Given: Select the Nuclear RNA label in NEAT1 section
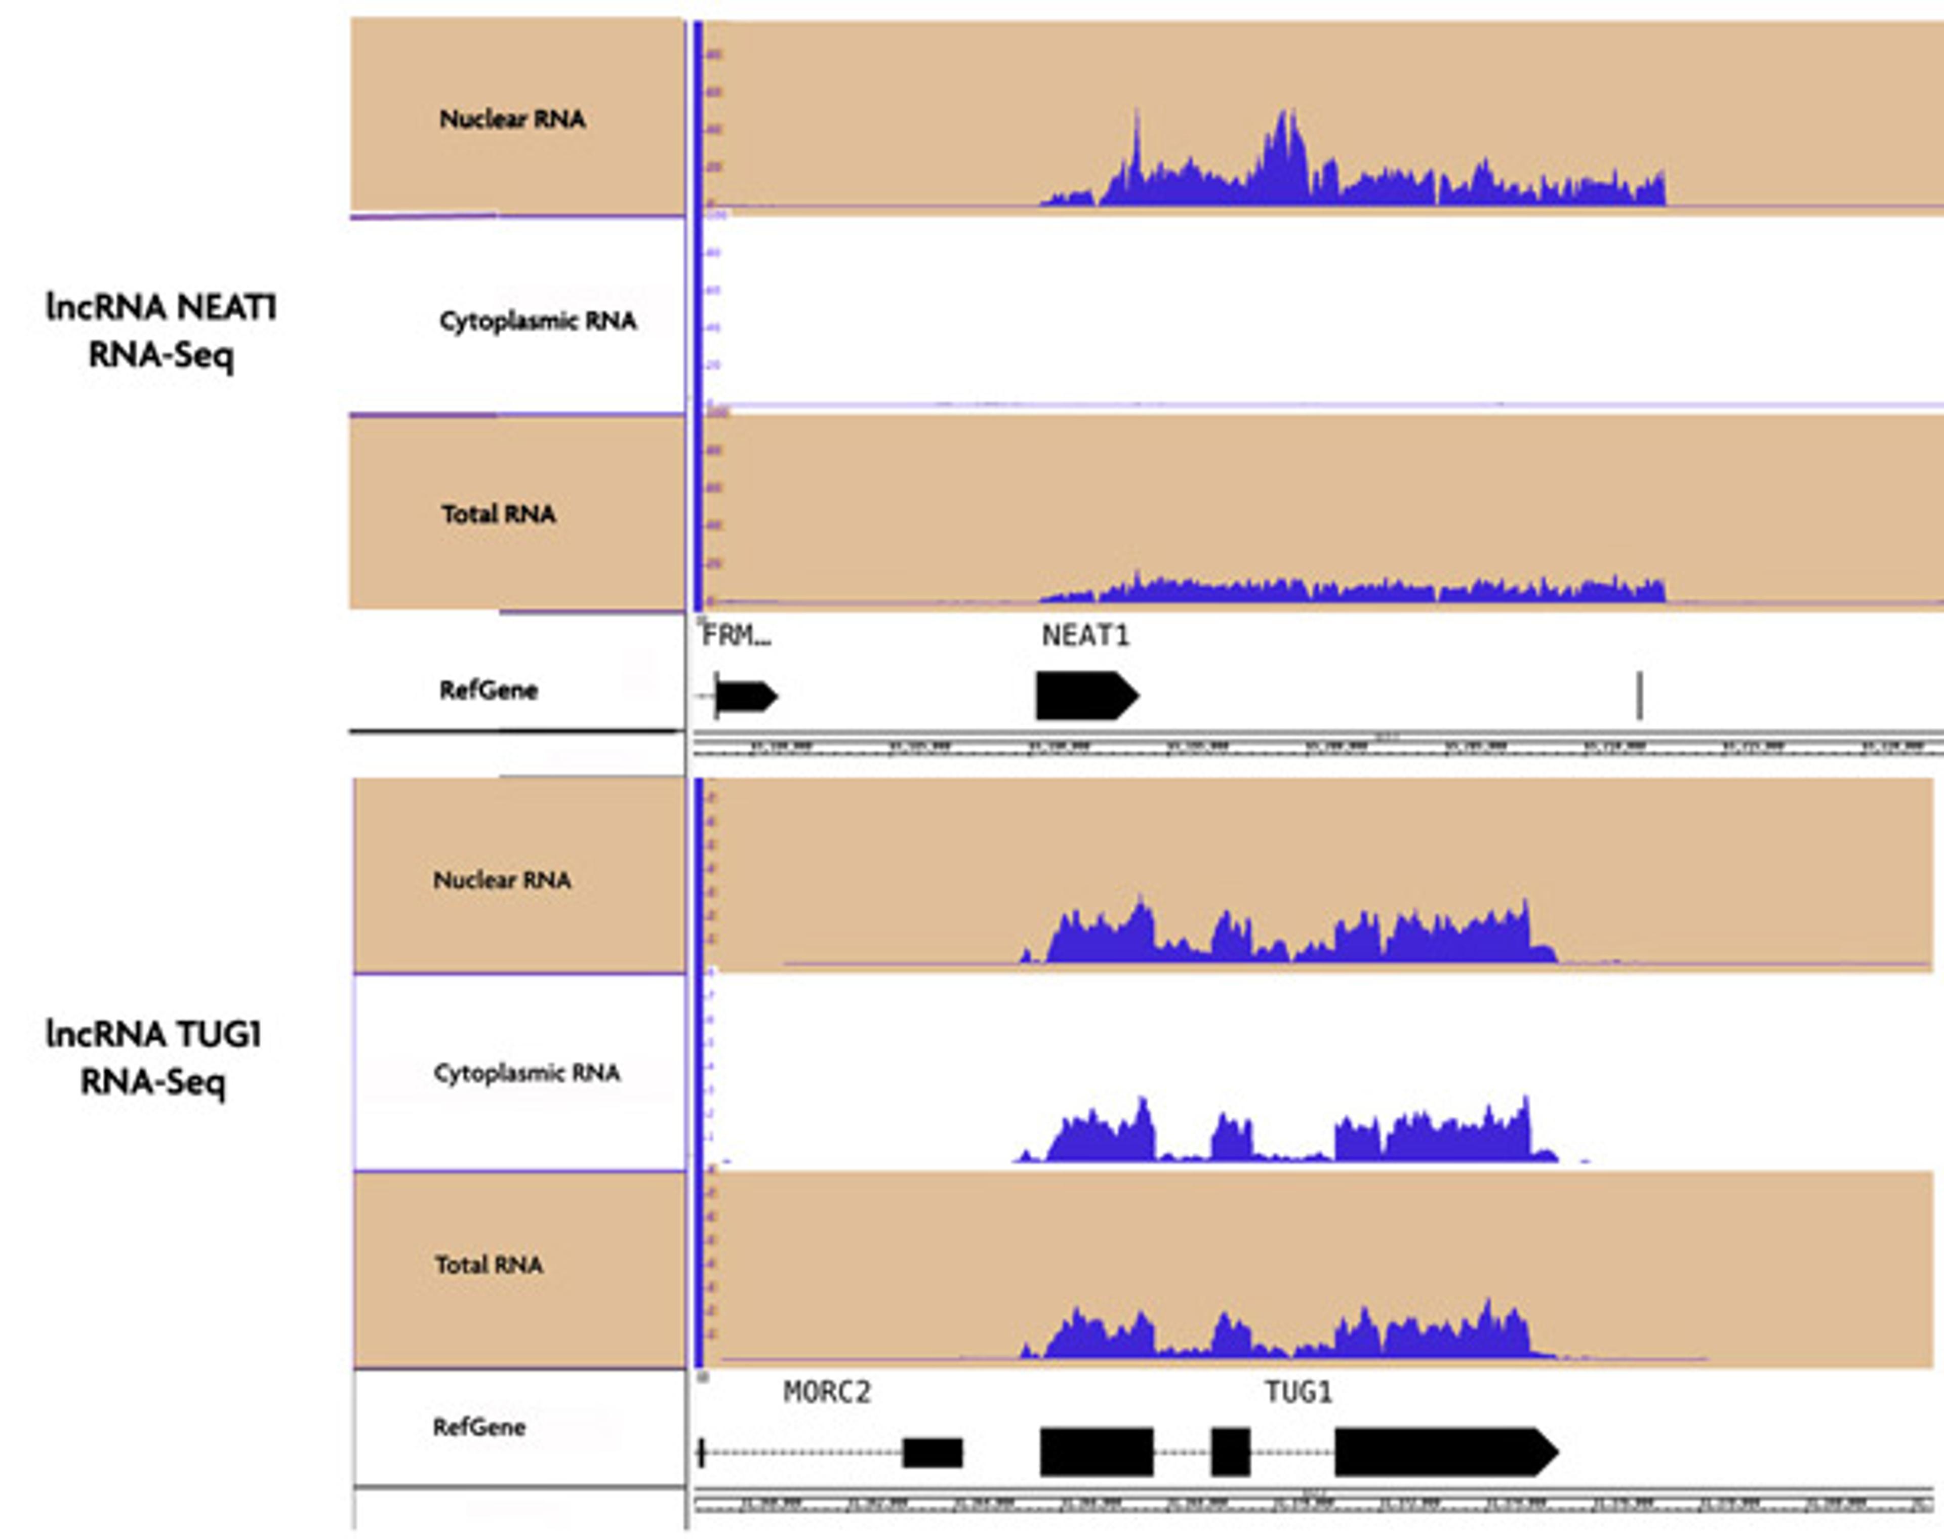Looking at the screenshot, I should pos(512,119).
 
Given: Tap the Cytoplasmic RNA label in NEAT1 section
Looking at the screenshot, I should pos(537,321).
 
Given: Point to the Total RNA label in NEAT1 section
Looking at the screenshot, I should pos(498,514).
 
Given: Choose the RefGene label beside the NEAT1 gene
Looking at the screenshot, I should pos(488,690).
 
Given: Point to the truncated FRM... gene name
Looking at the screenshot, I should pos(736,636).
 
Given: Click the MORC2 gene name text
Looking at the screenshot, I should pos(826,1393).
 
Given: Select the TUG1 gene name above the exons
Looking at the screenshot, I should pos(1297,1393).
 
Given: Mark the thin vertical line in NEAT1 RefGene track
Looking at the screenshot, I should pos(1640,696).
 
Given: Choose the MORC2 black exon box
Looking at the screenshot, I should pos(933,1452).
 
